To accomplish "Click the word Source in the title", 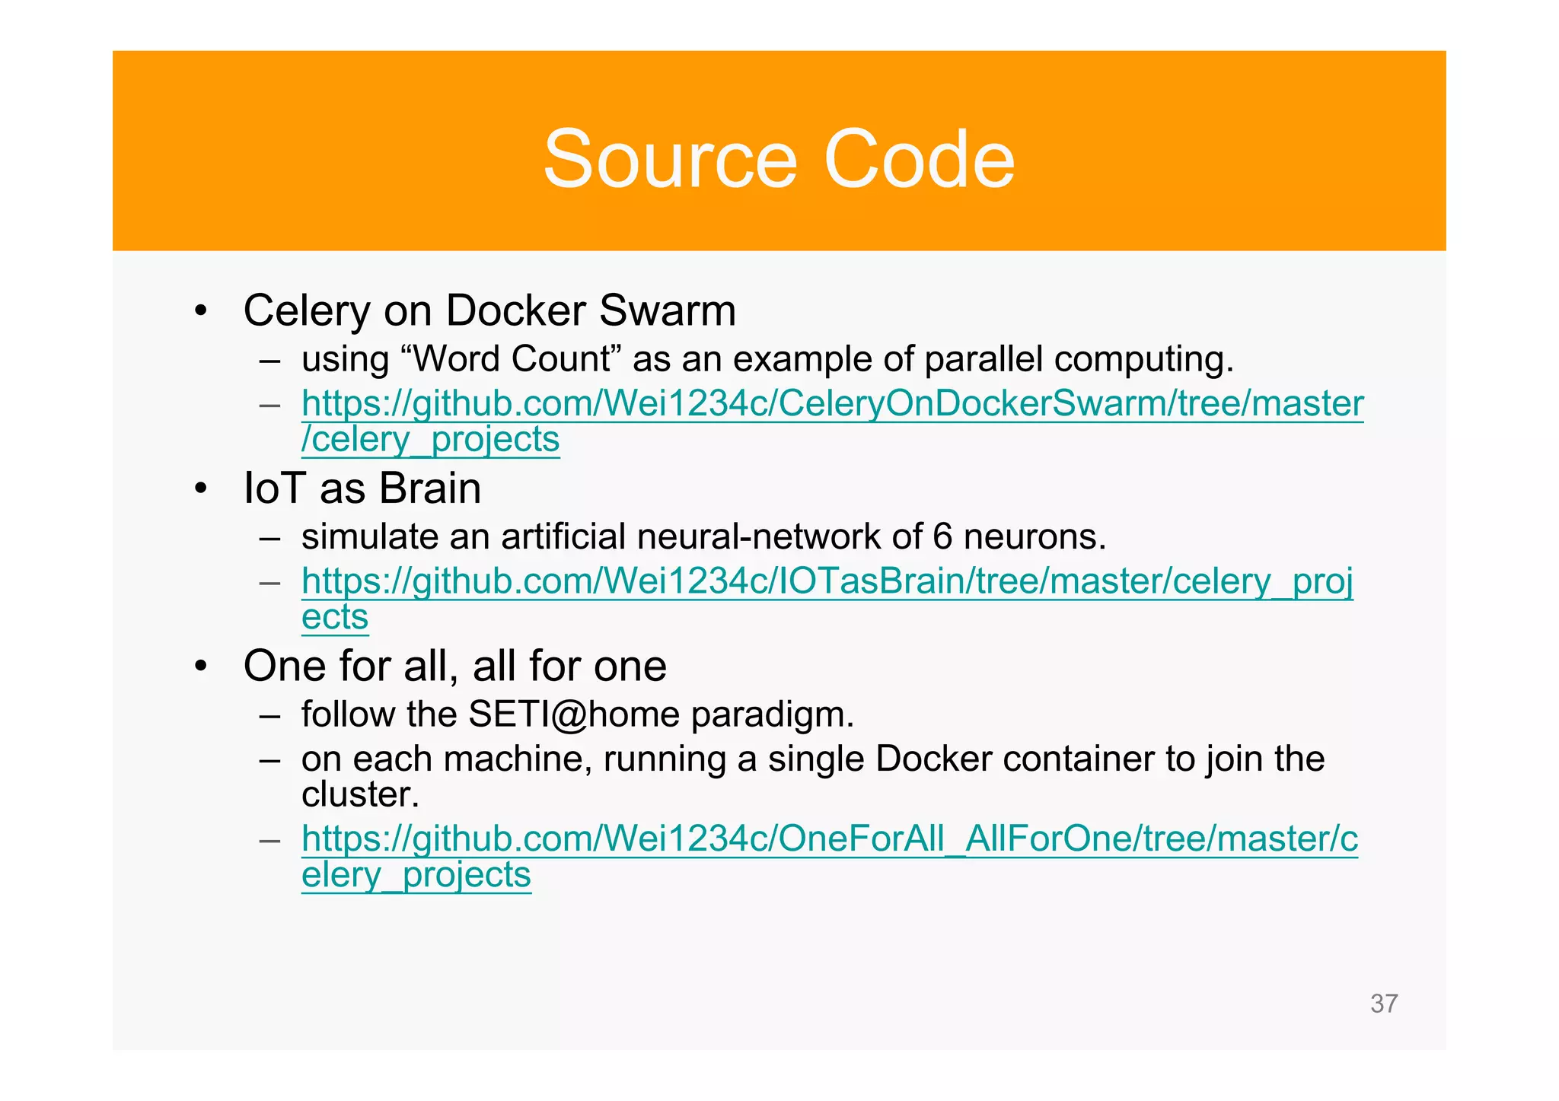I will pyautogui.click(x=670, y=160).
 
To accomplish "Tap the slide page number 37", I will pyautogui.click(x=1383, y=1004).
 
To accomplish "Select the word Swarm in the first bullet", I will pyautogui.click(x=667, y=310).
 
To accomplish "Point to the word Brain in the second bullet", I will pyautogui.click(x=430, y=488).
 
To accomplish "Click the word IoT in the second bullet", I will pyautogui.click(x=274, y=488).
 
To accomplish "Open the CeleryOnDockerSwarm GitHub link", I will pyautogui.click(x=832, y=404).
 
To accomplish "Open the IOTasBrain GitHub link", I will pyautogui.click(x=827, y=582).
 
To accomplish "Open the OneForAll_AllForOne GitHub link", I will pyautogui.click(x=829, y=839).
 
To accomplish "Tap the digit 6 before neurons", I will pyautogui.click(x=942, y=537).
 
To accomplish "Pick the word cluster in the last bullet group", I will pyautogui.click(x=360, y=795).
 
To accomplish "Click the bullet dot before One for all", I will pyautogui.click(x=200, y=667).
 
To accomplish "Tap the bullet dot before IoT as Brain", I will pyautogui.click(x=200, y=489).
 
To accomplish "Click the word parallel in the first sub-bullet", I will pyautogui.click(x=983, y=359).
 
